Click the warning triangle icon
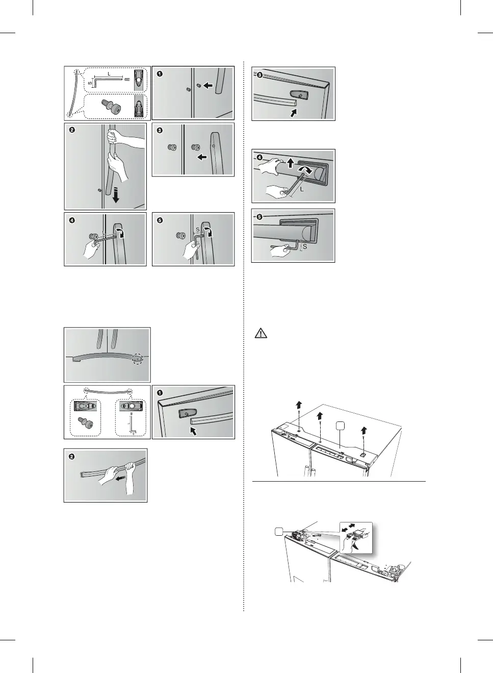[261, 334]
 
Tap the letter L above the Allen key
[109, 74]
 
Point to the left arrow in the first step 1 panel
[207, 86]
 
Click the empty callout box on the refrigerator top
[340, 426]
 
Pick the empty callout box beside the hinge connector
[278, 532]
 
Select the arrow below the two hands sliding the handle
[120, 479]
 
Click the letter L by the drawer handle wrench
[302, 189]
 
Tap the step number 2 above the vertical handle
[72, 130]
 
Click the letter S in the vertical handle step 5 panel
[198, 230]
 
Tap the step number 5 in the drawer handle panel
[260, 216]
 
